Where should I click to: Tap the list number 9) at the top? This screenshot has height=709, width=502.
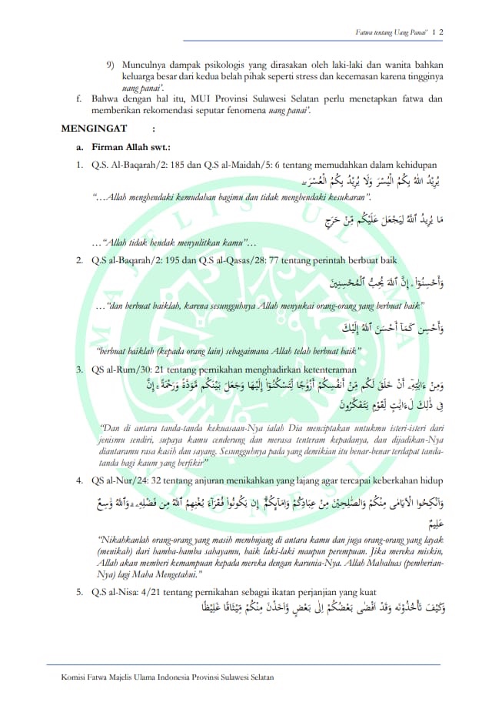coord(111,65)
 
